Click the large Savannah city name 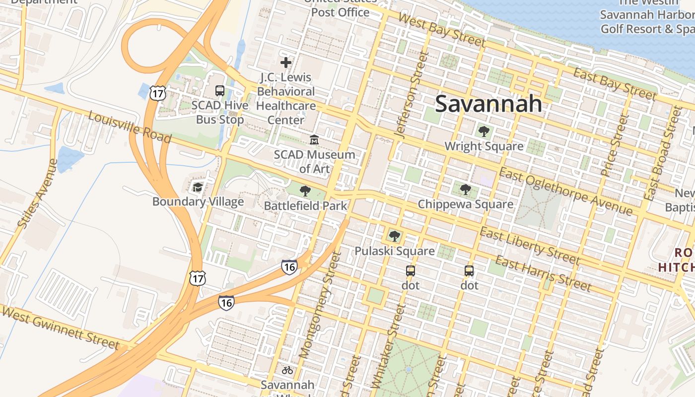(x=488, y=104)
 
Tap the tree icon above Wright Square (x=484, y=132)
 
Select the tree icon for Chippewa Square (x=465, y=189)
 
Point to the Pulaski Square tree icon (x=395, y=236)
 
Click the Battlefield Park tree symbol (x=305, y=191)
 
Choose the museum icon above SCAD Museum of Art (x=314, y=140)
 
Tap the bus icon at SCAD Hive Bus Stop (x=220, y=91)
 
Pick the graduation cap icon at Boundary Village (x=198, y=187)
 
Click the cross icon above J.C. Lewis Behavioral (x=286, y=63)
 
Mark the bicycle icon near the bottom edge (x=287, y=370)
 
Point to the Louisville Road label (x=130, y=128)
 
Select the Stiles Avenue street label (x=37, y=194)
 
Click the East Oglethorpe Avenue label (x=566, y=192)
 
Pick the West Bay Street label (x=441, y=30)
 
